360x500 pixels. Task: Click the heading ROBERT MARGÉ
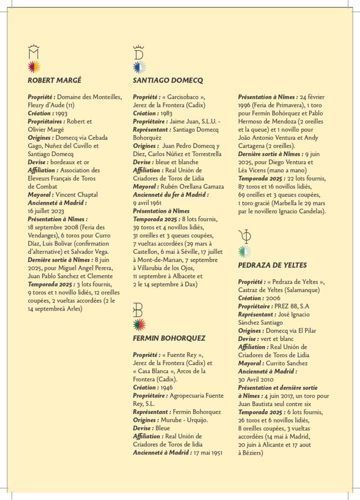[54, 80]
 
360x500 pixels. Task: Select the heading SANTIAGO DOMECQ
[168, 80]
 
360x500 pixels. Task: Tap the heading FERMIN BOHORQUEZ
[169, 338]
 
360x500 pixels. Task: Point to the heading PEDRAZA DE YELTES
[272, 265]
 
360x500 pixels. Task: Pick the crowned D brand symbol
[139, 52]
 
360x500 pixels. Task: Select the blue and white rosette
[139, 67]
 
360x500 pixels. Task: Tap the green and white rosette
[244, 252]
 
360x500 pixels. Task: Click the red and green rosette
[139, 325]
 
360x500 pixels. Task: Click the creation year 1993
[62, 113]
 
